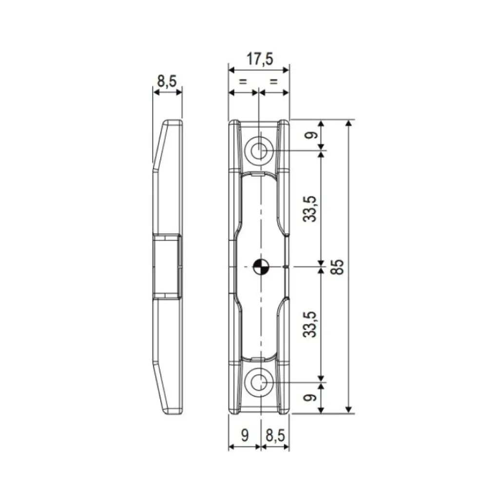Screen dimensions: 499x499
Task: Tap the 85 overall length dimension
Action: [339, 266]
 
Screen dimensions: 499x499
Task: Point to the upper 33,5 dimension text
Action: [311, 209]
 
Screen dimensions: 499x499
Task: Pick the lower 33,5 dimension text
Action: [311, 324]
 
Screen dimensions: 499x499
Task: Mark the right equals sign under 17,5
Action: [274, 81]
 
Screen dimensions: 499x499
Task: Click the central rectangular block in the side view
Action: [167, 266]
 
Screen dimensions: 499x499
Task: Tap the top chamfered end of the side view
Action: [168, 141]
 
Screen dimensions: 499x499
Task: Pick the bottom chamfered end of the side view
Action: [168, 390]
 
